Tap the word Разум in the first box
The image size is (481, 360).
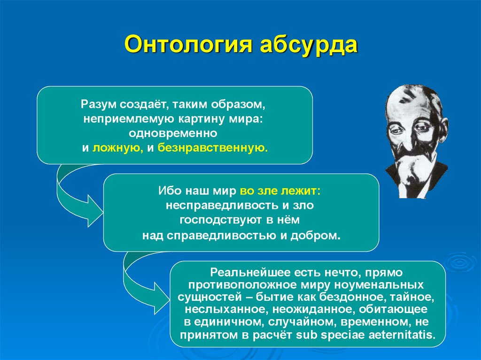pos(99,103)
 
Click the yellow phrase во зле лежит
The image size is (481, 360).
pos(280,191)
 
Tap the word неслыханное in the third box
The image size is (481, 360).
pos(216,310)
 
